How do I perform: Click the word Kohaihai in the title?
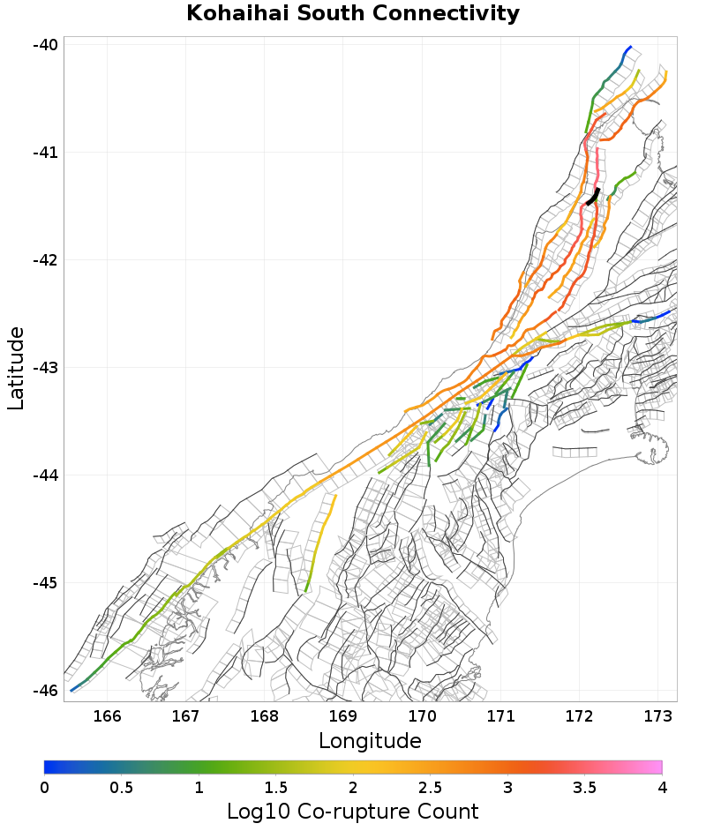(x=232, y=13)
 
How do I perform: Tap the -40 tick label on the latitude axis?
(x=44, y=45)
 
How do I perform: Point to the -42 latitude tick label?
(x=44, y=260)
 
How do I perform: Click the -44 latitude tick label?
(x=44, y=475)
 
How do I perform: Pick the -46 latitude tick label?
(x=44, y=691)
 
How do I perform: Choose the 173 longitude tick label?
(x=658, y=715)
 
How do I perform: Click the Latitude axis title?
(x=16, y=368)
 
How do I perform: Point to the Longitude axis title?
(x=370, y=740)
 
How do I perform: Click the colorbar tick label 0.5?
(x=122, y=786)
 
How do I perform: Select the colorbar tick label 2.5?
(x=431, y=786)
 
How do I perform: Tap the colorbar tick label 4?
(x=662, y=786)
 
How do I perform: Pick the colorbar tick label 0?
(x=45, y=786)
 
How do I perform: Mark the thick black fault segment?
(x=593, y=196)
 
